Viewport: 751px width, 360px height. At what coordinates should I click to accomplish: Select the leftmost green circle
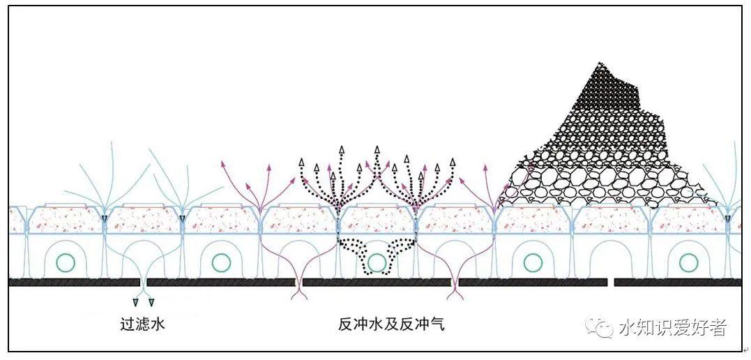click(x=66, y=262)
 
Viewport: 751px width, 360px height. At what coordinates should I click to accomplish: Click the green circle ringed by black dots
click(x=377, y=262)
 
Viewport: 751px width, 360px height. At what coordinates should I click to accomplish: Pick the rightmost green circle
click(x=689, y=262)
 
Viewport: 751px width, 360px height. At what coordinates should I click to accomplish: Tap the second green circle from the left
click(x=221, y=262)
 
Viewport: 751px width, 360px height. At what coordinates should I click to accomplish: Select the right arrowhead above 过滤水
click(x=151, y=302)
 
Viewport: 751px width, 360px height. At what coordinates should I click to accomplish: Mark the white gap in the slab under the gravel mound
click(x=610, y=283)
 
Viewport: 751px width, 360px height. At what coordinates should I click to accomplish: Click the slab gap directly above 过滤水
click(x=143, y=283)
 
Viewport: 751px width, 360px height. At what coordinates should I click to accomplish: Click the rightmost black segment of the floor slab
click(x=676, y=283)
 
